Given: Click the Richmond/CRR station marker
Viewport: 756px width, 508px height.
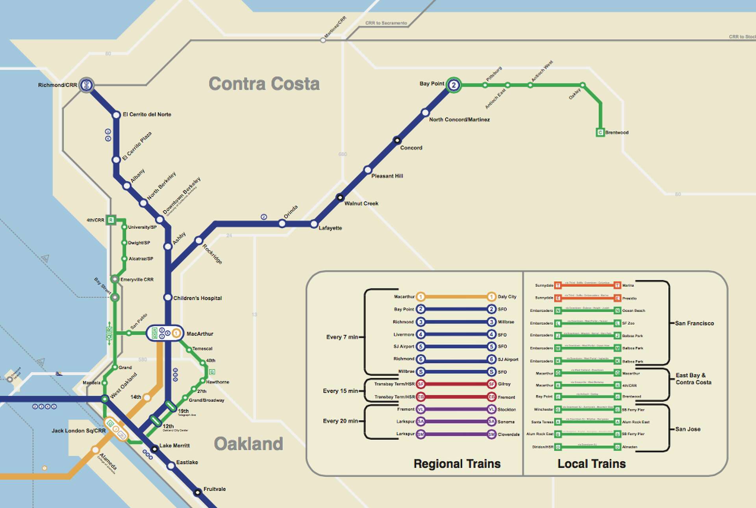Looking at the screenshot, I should click(86, 85).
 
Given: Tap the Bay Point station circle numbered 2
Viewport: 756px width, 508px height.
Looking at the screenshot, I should click(454, 85).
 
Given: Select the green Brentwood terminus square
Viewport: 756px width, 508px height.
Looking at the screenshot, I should click(600, 132).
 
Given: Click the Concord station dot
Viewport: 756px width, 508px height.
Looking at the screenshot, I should click(397, 140).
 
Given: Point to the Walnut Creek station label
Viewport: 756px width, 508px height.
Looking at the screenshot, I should click(361, 203).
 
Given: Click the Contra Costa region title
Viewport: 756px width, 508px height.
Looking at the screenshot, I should click(264, 84).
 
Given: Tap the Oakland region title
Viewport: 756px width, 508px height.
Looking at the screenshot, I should click(248, 444).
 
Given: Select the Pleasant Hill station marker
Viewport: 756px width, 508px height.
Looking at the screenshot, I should click(367, 170).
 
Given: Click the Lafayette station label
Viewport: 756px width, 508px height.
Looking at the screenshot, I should click(330, 228).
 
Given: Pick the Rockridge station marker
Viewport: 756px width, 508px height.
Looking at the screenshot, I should click(198, 240).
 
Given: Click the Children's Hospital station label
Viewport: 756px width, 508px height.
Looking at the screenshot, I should click(197, 298).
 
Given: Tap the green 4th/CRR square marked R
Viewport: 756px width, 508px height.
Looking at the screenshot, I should click(111, 220).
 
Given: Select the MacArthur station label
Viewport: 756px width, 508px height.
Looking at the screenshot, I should click(200, 334).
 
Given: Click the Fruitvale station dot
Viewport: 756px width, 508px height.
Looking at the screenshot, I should click(197, 492).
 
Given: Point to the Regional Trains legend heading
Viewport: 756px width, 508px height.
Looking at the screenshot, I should click(457, 463).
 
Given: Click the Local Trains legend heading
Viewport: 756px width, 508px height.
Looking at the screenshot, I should click(591, 463).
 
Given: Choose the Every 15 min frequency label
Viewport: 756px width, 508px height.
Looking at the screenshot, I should click(340, 391).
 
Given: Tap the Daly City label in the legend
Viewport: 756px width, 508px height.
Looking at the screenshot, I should click(507, 297).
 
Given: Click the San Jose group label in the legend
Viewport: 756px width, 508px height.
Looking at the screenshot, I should click(687, 429).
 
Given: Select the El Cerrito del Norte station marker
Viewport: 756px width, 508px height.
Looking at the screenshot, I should click(116, 115).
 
